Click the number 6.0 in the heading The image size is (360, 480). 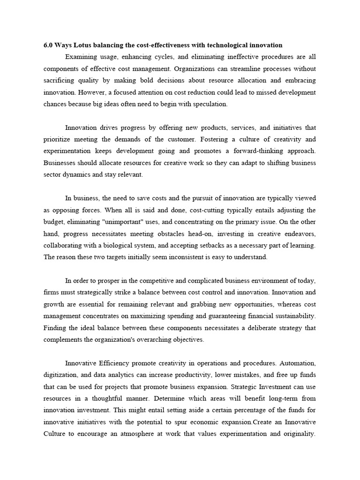pos(48,45)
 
